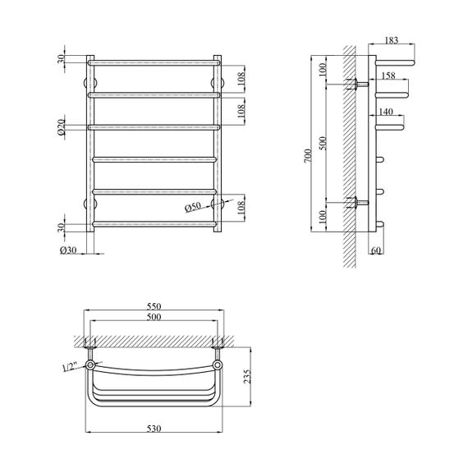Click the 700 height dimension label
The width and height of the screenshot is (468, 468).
coord(308,155)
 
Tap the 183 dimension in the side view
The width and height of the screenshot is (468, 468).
coord(391,40)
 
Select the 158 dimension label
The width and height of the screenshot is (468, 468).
coord(388,76)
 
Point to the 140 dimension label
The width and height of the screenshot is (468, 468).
coord(386,112)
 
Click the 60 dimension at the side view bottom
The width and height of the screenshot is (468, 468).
coord(375,250)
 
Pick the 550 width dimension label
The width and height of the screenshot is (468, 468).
coord(154,306)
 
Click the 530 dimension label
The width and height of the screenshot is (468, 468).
coord(154,429)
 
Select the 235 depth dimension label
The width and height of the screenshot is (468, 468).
coord(247,377)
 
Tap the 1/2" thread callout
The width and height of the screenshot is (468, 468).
coord(70,367)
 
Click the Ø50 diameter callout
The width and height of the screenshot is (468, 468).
coord(193,207)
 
